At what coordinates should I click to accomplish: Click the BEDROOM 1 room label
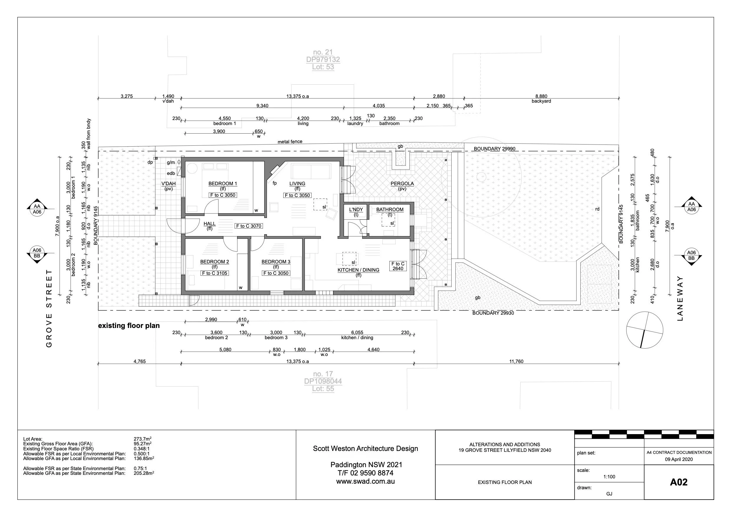(223, 183)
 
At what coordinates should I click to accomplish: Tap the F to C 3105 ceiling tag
(215, 273)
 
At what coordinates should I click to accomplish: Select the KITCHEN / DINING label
(358, 270)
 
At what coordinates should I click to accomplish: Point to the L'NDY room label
(356, 210)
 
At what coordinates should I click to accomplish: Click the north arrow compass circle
(644, 330)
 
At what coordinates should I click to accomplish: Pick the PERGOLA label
(402, 183)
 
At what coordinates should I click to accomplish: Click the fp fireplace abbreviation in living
(274, 183)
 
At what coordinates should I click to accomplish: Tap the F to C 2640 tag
(398, 266)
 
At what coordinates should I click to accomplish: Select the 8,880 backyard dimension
(541, 96)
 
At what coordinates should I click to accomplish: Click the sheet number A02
(679, 482)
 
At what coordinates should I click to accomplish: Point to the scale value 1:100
(609, 477)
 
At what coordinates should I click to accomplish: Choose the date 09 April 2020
(679, 459)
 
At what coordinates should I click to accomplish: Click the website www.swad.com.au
(365, 481)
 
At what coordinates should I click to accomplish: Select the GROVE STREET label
(49, 308)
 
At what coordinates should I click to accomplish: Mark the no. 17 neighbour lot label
(322, 374)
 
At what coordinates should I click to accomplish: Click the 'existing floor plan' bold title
(129, 326)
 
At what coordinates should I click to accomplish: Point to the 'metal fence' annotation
(290, 142)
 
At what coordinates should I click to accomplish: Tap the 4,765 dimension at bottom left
(139, 362)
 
